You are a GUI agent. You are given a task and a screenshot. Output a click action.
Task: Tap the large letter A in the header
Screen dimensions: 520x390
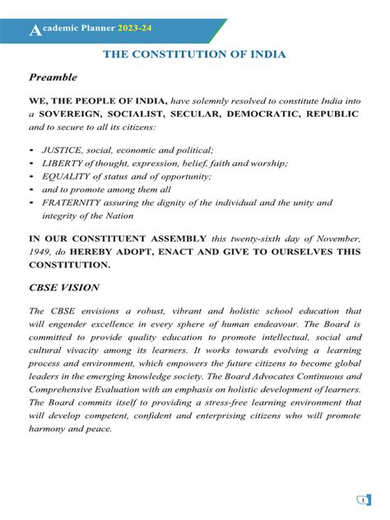(33, 31)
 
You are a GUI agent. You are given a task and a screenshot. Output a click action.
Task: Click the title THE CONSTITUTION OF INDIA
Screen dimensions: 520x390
(194, 54)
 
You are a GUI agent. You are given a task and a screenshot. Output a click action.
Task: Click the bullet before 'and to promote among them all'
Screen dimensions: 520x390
(31, 189)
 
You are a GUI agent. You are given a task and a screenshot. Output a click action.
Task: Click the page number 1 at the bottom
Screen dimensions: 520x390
(363, 499)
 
